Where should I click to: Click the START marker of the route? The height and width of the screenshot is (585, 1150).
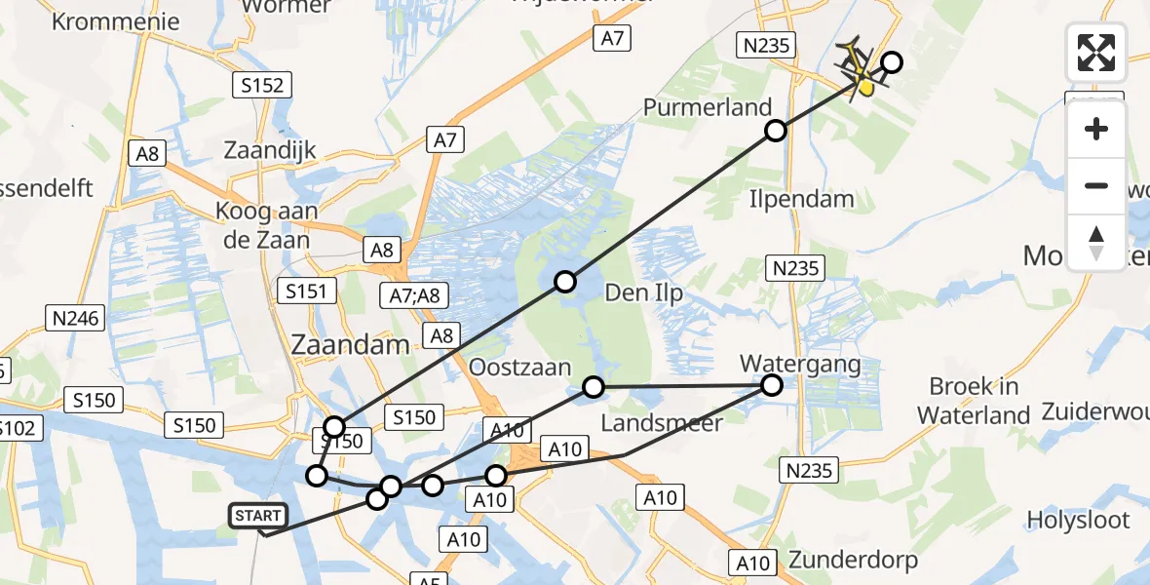click(x=258, y=516)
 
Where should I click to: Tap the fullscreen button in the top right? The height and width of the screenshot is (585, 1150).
click(x=1096, y=53)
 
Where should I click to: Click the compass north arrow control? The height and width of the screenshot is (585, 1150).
click(x=1096, y=243)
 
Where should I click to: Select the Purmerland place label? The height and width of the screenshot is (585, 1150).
click(x=708, y=107)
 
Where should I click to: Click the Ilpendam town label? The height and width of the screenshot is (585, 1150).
click(x=802, y=199)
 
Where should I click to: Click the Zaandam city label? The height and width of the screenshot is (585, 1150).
click(x=350, y=344)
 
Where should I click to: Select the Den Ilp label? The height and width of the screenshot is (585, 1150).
click(x=643, y=292)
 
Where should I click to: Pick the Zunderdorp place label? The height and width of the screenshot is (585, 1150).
click(x=854, y=561)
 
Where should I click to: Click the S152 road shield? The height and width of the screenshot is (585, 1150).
click(x=263, y=86)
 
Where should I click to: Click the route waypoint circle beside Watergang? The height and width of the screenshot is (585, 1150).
click(x=771, y=385)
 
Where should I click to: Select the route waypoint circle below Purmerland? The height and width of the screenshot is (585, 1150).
click(x=775, y=131)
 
